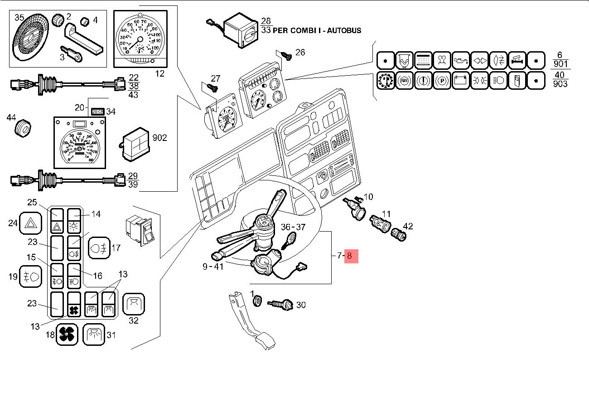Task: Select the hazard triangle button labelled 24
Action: (x=31, y=223)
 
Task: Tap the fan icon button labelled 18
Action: (x=67, y=335)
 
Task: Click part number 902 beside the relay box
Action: (x=159, y=137)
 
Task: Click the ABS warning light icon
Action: (x=405, y=81)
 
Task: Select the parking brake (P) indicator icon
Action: (x=442, y=81)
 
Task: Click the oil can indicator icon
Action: (x=461, y=60)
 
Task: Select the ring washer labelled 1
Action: (x=256, y=300)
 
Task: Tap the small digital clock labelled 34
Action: (x=97, y=111)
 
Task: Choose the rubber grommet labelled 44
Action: (x=23, y=128)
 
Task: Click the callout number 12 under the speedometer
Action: (x=160, y=73)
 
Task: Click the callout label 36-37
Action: (x=294, y=227)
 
